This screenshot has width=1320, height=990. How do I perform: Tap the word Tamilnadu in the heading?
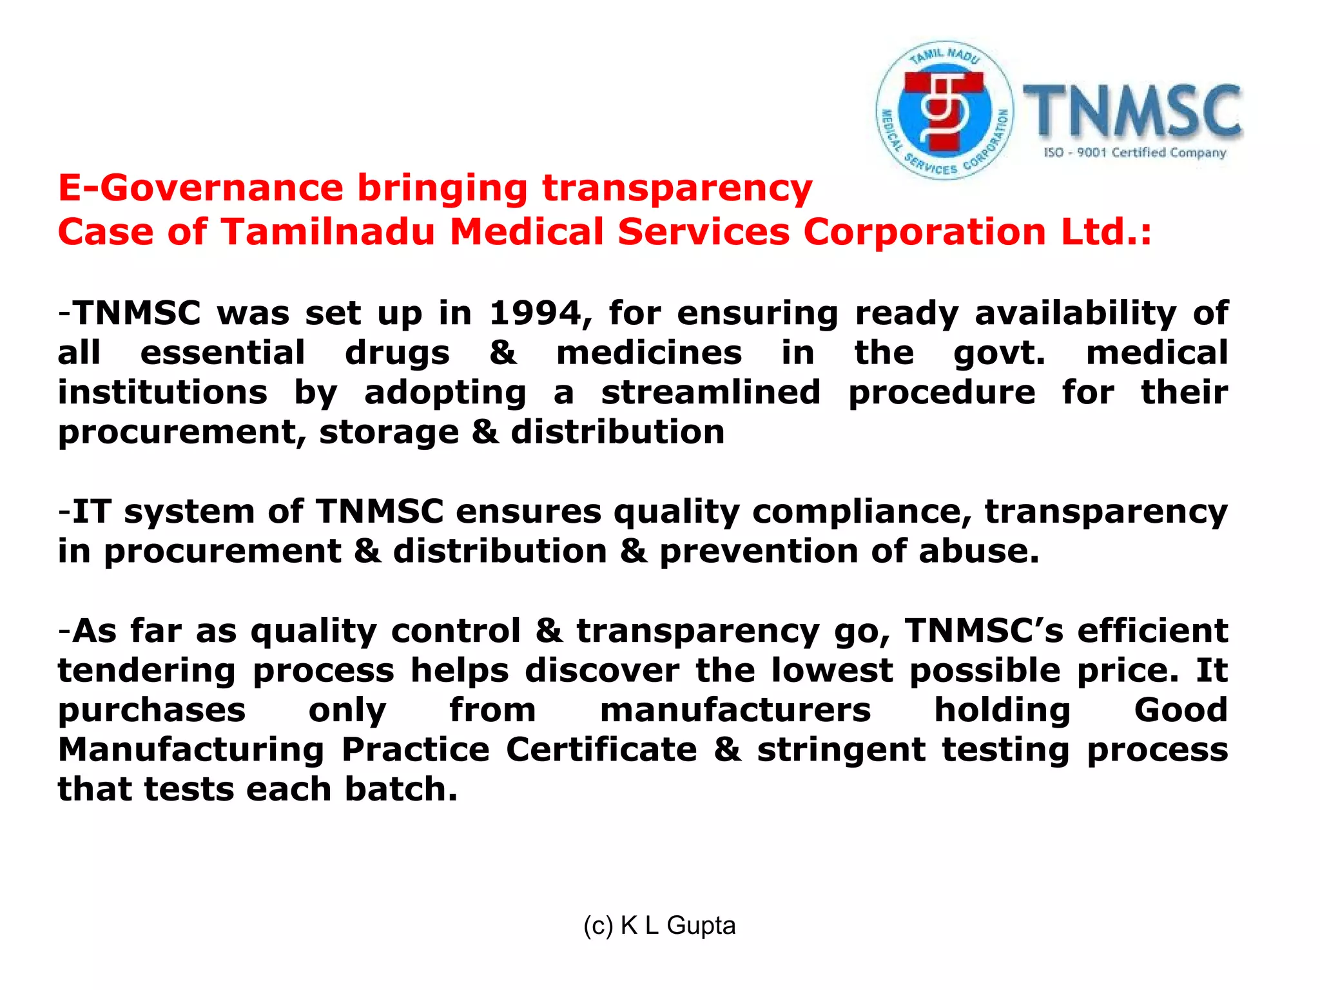328,232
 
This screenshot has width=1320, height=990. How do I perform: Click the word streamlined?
711,393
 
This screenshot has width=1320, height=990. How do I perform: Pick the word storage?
389,432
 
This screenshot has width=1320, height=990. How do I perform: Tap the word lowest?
832,671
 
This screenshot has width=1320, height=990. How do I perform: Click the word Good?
1181,710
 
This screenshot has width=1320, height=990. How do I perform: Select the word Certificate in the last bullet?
601,750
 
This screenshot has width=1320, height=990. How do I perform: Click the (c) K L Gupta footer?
659,926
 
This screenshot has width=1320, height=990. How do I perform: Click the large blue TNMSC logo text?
1132,111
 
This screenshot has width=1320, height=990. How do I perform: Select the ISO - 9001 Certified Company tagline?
1134,153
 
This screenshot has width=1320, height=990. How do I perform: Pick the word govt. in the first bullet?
999,354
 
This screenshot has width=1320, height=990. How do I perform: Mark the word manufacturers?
735,710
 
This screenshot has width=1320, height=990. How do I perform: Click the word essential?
222,354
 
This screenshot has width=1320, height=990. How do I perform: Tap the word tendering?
147,671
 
